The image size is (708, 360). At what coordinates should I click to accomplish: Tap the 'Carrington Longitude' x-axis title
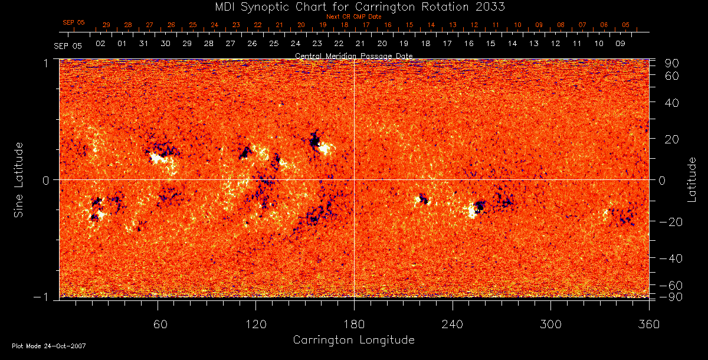click(x=353, y=340)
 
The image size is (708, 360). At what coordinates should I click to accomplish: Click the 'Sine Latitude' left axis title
click(x=19, y=179)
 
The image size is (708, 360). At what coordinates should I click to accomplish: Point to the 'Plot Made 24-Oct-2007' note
click(x=49, y=346)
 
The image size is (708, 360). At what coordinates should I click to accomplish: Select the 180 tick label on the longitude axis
click(x=353, y=324)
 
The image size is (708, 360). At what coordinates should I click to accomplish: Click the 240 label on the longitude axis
click(x=452, y=324)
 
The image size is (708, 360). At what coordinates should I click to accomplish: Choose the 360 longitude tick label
click(x=648, y=324)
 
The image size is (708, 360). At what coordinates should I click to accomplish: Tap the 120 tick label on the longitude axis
click(x=255, y=324)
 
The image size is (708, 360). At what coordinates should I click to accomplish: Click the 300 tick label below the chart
click(x=550, y=324)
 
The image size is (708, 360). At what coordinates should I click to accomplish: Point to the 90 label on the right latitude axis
click(x=673, y=63)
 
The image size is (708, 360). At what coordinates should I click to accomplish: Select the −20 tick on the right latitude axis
click(x=670, y=222)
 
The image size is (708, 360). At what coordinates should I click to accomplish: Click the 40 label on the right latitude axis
click(x=673, y=103)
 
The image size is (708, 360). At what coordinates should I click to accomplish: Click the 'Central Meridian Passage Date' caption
click(x=353, y=55)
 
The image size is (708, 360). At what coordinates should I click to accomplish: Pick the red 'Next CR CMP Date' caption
click(x=353, y=17)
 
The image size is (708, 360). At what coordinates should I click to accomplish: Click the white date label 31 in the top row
click(x=143, y=44)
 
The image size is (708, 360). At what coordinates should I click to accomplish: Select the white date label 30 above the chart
click(x=165, y=44)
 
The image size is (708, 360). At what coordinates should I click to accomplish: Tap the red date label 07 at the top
click(x=582, y=25)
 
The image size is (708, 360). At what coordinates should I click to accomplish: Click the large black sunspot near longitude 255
click(x=480, y=206)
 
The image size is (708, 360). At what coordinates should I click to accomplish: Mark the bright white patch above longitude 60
click(x=157, y=158)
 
